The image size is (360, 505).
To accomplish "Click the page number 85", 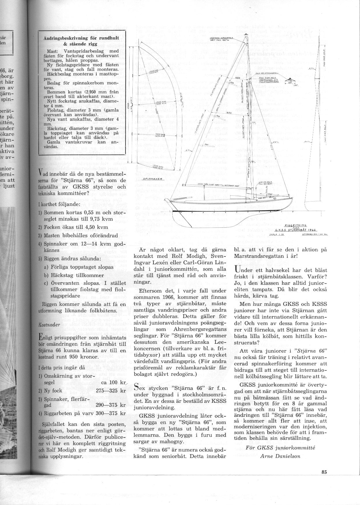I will pyautogui.click(x=323, y=472).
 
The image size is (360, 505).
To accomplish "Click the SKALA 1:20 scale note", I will pyautogui.click(x=275, y=234).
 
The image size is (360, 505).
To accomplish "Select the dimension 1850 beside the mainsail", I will pyautogui.click(x=230, y=113).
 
